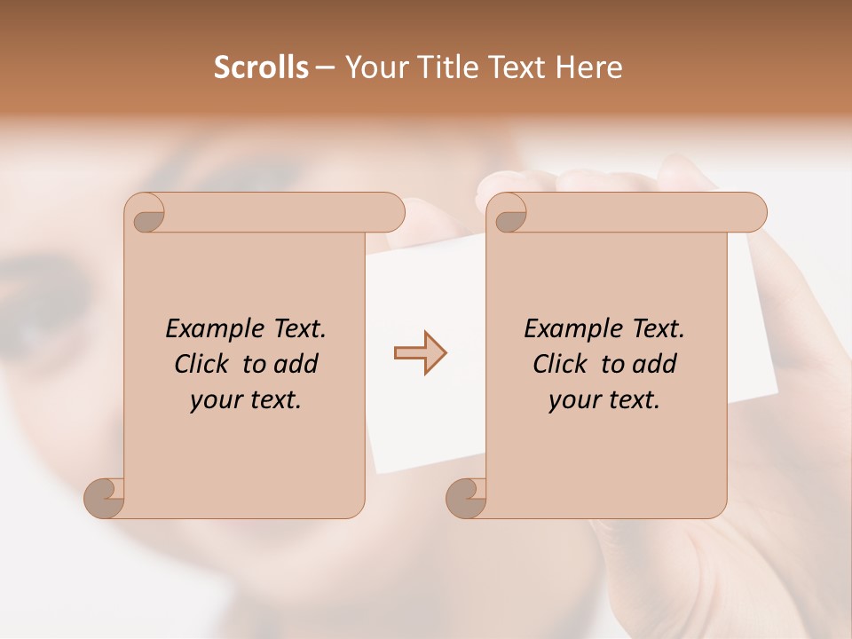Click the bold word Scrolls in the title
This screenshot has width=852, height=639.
click(261, 67)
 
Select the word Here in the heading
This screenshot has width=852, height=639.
click(589, 67)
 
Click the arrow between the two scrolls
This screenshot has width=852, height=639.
click(420, 353)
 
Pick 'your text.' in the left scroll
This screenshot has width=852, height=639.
click(245, 399)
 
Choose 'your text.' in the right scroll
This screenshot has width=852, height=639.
click(603, 399)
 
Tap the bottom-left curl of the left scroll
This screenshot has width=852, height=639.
click(106, 497)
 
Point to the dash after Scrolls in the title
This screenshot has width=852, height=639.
click(326, 68)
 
